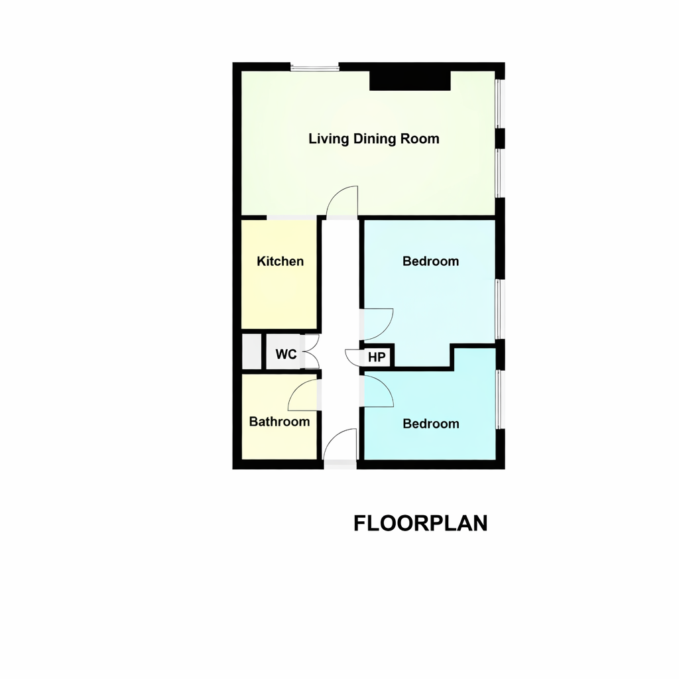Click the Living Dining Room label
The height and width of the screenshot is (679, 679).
tap(374, 139)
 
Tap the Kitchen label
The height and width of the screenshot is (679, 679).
tap(280, 261)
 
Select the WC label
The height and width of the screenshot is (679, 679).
tap(286, 354)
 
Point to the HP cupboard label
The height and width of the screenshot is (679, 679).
tap(377, 357)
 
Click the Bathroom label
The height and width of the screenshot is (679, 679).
tap(279, 422)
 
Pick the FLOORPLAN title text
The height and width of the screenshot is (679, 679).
tap(420, 523)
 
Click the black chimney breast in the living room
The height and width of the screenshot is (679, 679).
tap(410, 80)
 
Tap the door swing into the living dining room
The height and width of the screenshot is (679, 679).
tap(344, 202)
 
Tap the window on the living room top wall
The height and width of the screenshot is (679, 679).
tap(315, 66)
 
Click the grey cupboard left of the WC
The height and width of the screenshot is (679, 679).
tap(251, 351)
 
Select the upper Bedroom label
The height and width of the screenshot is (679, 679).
tap(430, 261)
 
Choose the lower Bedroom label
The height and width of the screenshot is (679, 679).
tap(431, 424)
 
